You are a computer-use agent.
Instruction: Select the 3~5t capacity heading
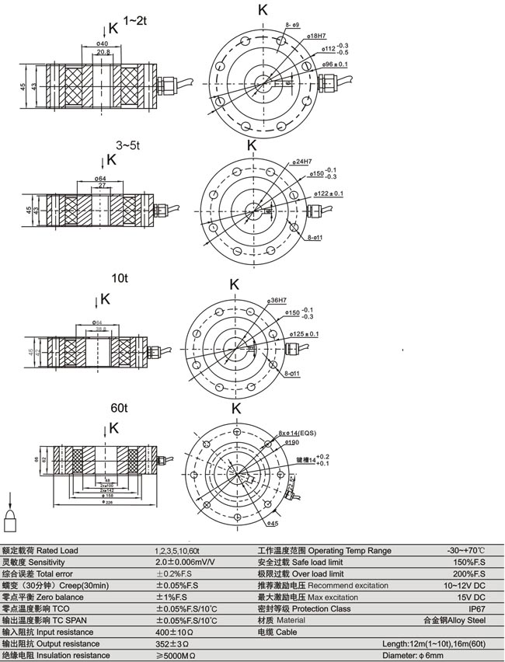pos(129,145)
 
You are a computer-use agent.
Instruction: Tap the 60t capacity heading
pos(119,408)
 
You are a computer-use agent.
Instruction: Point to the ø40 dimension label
pos(102,44)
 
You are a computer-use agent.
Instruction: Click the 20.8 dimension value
pos(103,53)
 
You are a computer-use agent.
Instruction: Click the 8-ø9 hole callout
pos(293,26)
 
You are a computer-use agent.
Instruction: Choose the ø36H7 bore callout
pos(277,300)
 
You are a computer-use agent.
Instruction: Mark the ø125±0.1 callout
pos(304,334)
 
